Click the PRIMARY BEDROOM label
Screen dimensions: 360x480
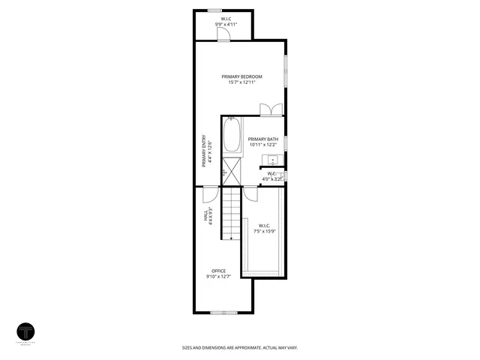pyautogui.click(x=241, y=76)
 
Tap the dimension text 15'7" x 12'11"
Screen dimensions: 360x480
pyautogui.click(x=241, y=82)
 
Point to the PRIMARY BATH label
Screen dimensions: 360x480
pyautogui.click(x=263, y=139)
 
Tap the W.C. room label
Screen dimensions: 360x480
pyautogui.click(x=271, y=174)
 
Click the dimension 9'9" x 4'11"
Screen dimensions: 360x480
pyautogui.click(x=226, y=25)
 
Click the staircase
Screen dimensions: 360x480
pyautogui.click(x=231, y=213)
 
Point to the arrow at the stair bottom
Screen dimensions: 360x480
pyautogui.click(x=231, y=237)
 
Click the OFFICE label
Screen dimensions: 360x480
pyautogui.click(x=218, y=271)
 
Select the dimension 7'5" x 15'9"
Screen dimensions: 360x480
pyautogui.click(x=264, y=230)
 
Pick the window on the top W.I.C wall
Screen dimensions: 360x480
pyautogui.click(x=214, y=10)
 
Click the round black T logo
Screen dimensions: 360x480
pyautogui.click(x=27, y=332)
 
